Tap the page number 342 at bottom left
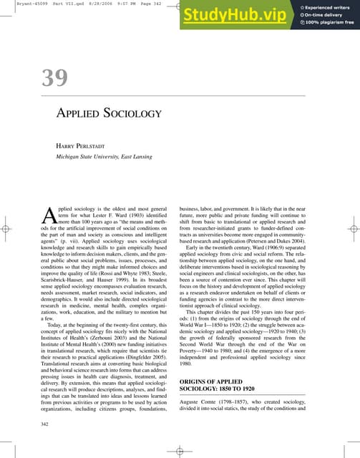(47, 425)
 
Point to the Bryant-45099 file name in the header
(19, 4)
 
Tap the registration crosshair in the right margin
(352, 229)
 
